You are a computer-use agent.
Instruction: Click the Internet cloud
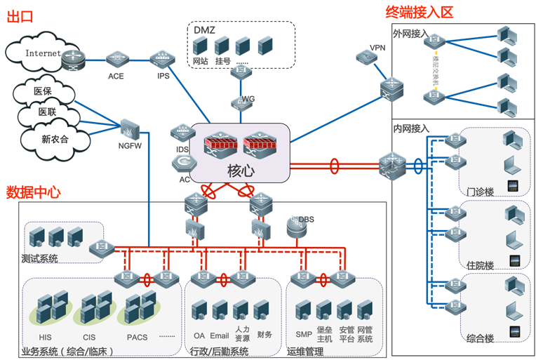click(39, 53)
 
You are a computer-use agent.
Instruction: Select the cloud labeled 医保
click(43, 91)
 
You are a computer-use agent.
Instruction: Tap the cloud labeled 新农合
click(54, 138)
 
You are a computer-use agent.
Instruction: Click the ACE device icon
click(116, 60)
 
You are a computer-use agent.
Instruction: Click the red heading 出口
click(20, 18)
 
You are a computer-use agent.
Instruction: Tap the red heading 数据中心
click(33, 192)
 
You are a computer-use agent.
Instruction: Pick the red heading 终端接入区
click(419, 12)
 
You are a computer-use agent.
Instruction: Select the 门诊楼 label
click(481, 191)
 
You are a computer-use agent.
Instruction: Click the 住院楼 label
click(480, 265)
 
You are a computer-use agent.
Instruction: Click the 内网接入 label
click(412, 128)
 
